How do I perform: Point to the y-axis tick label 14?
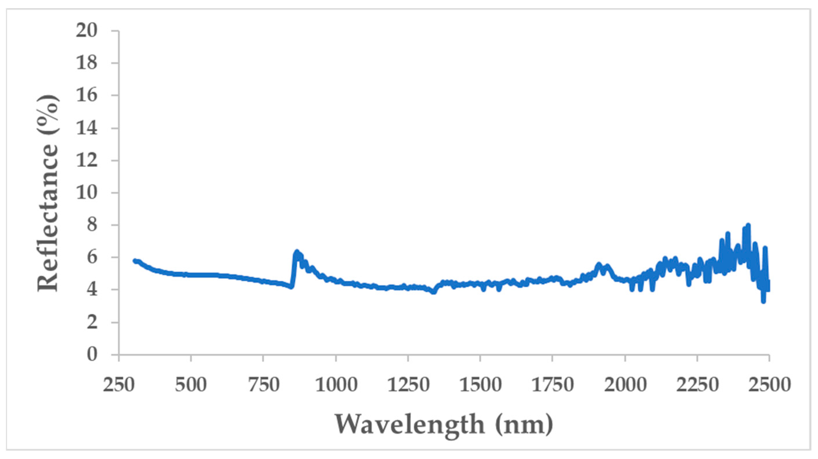pyautogui.click(x=86, y=128)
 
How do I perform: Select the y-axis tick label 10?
pyautogui.click(x=86, y=193)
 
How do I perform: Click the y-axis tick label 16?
pyautogui.click(x=86, y=96)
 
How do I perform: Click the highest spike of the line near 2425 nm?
pyautogui.click(x=748, y=225)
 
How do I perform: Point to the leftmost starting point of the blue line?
pyautogui.click(x=135, y=260)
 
